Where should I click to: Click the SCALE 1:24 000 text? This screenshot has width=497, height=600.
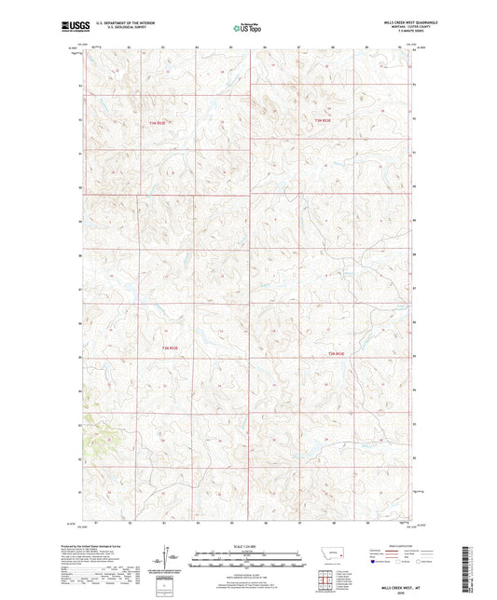tap(248, 545)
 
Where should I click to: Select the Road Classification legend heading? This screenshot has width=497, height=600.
tap(395, 543)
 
